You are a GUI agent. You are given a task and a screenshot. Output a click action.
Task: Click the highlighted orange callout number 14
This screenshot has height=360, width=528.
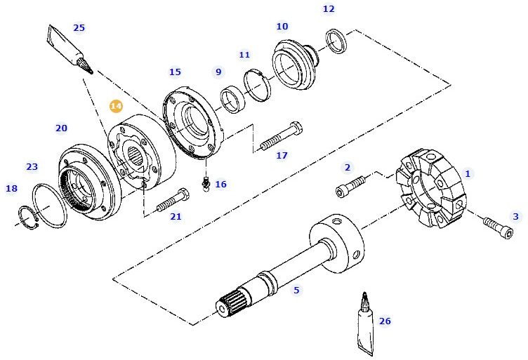click(116, 106)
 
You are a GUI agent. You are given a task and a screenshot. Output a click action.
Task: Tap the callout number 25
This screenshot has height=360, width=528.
click(79, 28)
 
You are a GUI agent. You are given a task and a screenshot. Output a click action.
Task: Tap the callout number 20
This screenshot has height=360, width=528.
click(62, 128)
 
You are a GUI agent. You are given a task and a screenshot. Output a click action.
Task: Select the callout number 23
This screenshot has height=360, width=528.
click(32, 166)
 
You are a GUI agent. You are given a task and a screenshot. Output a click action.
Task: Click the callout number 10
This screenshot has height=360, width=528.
click(282, 27)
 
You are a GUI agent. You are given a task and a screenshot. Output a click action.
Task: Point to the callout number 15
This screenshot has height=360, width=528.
click(175, 72)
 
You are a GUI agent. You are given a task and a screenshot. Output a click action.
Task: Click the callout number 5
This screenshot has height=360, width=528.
click(296, 289)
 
